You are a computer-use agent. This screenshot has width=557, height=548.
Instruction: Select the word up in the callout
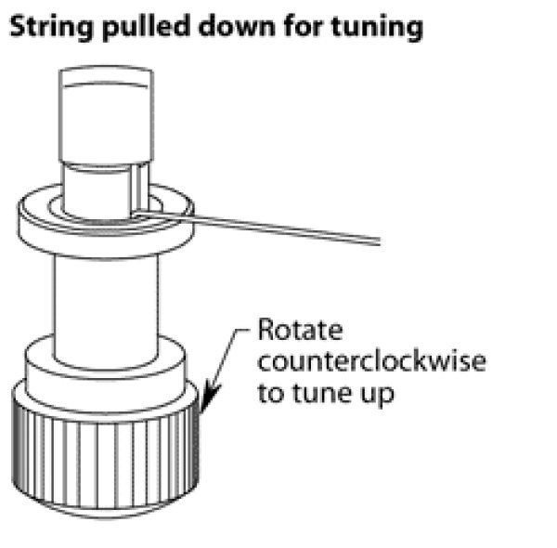[377, 395]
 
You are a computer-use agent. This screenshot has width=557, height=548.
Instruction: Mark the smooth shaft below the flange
[105, 307]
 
